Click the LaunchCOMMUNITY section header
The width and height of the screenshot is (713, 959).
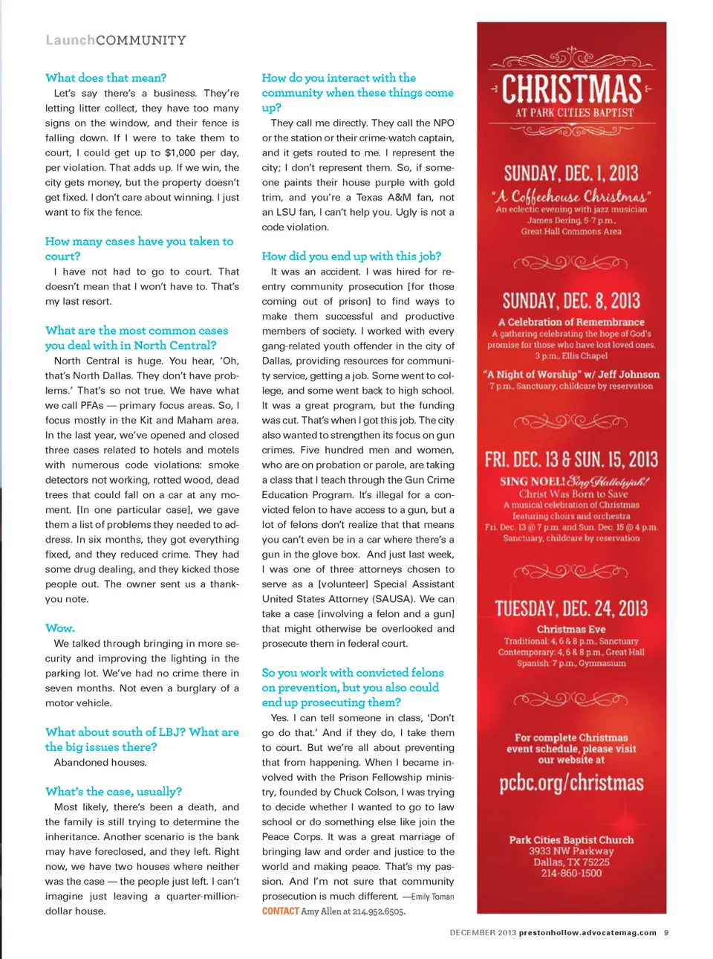(116, 40)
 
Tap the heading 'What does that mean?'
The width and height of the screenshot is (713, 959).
(105, 78)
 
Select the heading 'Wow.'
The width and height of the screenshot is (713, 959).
(59, 628)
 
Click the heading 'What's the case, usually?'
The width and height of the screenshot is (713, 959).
(113, 792)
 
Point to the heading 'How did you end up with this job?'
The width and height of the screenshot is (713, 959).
(351, 256)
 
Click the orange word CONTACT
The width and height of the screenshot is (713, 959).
(280, 911)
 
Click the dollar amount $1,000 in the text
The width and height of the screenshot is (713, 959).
(180, 153)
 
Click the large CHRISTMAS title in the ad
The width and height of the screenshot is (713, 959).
(571, 89)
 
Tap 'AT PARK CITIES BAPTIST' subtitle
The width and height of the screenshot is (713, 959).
(575, 113)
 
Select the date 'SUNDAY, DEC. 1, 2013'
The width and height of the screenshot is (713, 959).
(571, 174)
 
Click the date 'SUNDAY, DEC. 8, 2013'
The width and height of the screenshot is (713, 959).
(571, 301)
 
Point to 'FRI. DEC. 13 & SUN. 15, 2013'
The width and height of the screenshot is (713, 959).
(571, 459)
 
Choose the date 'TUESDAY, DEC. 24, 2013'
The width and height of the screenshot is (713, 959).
(571, 609)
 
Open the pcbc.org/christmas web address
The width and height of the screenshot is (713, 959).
(571, 783)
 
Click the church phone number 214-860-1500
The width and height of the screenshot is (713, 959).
(571, 874)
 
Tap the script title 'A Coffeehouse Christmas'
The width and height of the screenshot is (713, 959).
(571, 196)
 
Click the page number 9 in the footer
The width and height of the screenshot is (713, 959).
(666, 932)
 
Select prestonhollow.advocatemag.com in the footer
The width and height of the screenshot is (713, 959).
(587, 932)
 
